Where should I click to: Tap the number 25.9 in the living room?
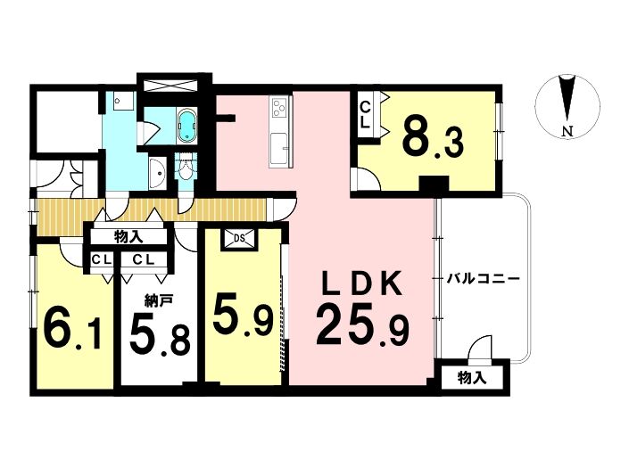[x=362, y=325]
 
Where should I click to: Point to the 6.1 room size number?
[x=73, y=329]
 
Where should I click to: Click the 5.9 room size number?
[x=243, y=315]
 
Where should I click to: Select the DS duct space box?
[x=239, y=238]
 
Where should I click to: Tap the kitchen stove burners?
[x=278, y=107]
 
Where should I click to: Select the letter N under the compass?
[x=567, y=131]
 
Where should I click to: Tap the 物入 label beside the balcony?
[x=472, y=377]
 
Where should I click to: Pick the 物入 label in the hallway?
[x=128, y=238]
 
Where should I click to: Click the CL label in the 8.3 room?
[x=365, y=115]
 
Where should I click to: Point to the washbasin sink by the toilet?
[x=158, y=173]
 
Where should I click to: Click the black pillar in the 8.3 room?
[x=434, y=185]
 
